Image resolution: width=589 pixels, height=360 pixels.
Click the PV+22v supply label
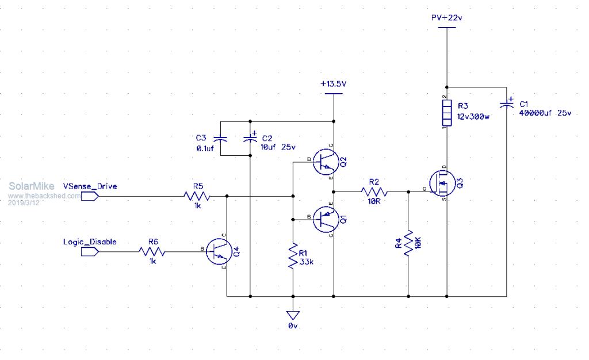(x=447, y=18)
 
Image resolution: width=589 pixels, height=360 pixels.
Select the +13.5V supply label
(x=334, y=84)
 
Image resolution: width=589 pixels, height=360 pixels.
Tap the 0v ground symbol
(x=293, y=316)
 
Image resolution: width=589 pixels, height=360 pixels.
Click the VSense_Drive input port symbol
(x=90, y=196)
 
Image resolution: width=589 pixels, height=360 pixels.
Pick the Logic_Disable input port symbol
(x=90, y=251)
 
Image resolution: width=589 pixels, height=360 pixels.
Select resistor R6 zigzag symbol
(x=153, y=251)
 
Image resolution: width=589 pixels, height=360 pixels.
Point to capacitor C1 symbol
(x=507, y=104)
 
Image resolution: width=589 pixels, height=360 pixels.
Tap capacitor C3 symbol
(x=220, y=139)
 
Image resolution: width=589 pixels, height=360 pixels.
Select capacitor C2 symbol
(x=250, y=139)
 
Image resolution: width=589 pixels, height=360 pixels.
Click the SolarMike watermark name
(x=32, y=186)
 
